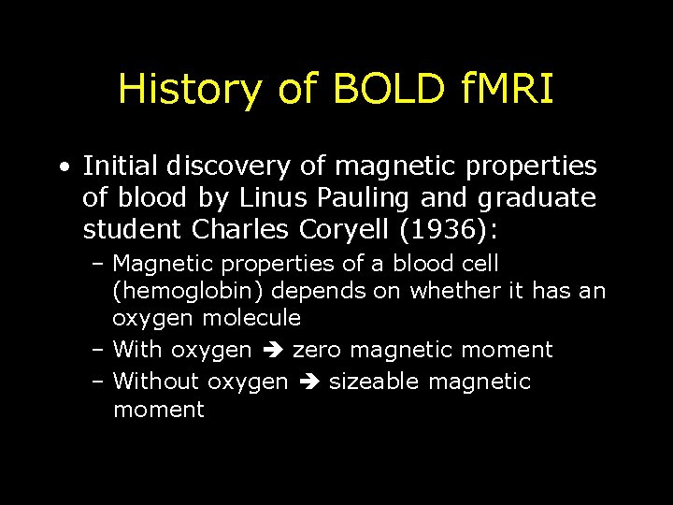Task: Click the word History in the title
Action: point(190,90)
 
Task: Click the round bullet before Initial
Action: point(61,168)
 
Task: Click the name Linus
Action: point(266,197)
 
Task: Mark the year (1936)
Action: point(449,228)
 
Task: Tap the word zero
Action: point(320,350)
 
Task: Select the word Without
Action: point(156,382)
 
